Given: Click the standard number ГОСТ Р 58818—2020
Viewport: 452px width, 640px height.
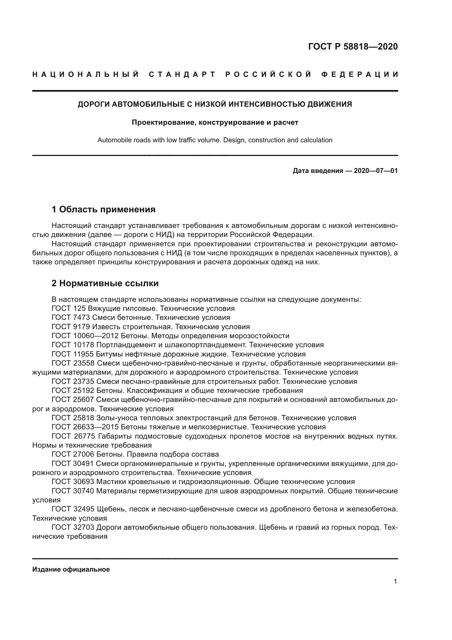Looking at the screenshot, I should click(353, 47).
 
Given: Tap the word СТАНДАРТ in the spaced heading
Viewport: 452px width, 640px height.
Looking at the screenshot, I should click(182, 74).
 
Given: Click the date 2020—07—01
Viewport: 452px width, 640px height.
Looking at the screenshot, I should click(375, 170).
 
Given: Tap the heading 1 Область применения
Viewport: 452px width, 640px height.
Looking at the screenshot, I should click(103, 209).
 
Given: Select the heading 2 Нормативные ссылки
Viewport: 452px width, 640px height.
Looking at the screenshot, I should click(105, 283).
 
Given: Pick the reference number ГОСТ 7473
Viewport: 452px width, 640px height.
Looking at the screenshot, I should click(71, 317).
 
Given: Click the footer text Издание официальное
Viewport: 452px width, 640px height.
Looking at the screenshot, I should click(71, 569).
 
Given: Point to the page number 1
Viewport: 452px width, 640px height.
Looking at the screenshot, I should click(395, 581).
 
